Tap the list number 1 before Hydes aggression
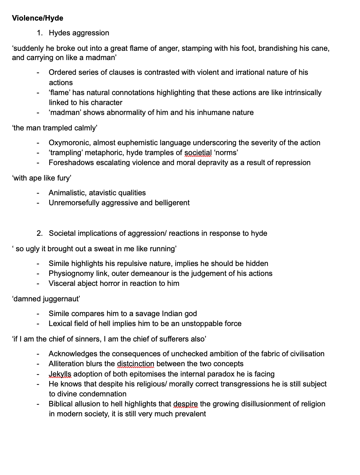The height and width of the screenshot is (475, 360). point(39,33)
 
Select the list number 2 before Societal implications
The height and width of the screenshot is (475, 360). point(39,233)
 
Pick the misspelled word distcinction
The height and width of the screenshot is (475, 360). point(135,364)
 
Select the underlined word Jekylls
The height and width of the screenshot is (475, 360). point(60,374)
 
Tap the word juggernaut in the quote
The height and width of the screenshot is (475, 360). point(61,299)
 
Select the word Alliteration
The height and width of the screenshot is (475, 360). point(67,364)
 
